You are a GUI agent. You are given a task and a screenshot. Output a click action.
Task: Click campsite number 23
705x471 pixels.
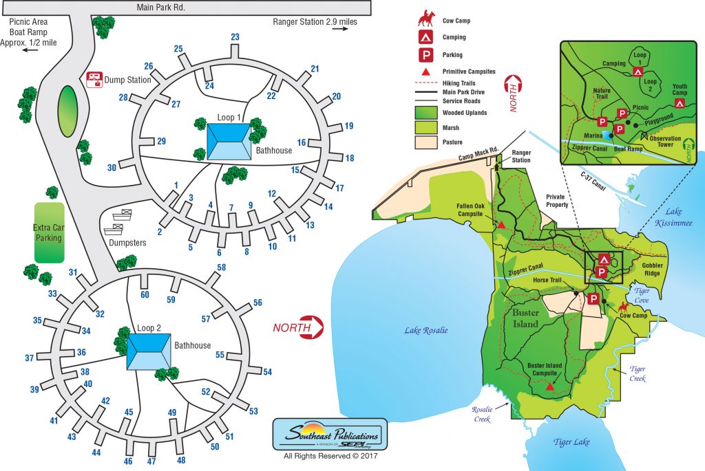coord(235,37)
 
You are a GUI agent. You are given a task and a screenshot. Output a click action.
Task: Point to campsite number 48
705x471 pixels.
coord(181,460)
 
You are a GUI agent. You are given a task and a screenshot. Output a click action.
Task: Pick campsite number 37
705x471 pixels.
coord(30,358)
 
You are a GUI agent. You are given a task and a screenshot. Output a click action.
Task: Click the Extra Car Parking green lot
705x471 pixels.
coord(49,232)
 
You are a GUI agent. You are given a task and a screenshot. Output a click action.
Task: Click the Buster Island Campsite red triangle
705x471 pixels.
coord(549,387)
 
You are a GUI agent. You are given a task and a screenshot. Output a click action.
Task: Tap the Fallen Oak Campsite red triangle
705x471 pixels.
coord(502,225)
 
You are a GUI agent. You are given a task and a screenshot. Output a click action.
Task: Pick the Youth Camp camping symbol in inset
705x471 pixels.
coord(680,103)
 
